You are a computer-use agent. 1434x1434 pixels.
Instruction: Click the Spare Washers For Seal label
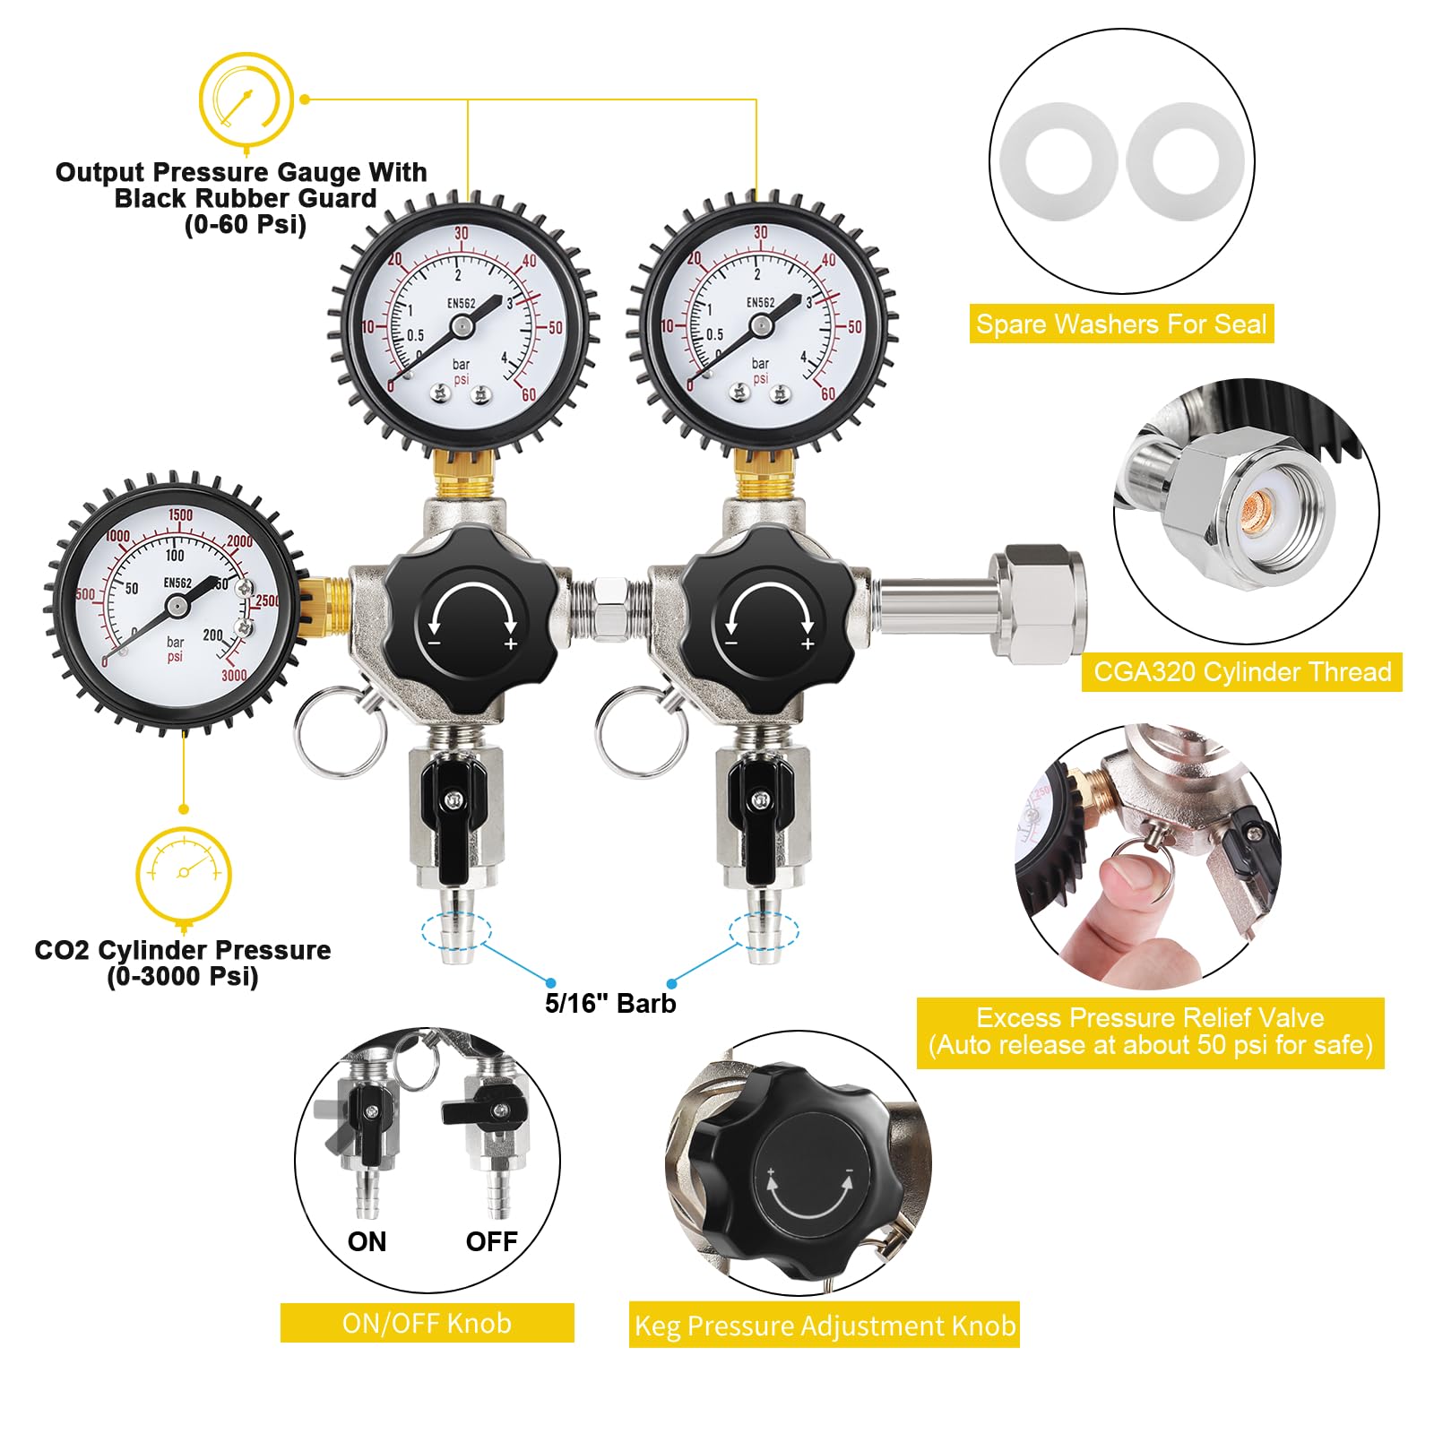pyautogui.click(x=1121, y=324)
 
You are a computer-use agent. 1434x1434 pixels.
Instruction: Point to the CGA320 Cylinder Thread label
pyautogui.click(x=1242, y=671)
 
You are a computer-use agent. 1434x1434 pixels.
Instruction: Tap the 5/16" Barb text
pyautogui.click(x=610, y=1003)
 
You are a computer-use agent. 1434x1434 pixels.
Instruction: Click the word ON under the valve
pyautogui.click(x=367, y=1241)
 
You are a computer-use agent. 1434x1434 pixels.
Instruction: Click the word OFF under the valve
pyautogui.click(x=492, y=1241)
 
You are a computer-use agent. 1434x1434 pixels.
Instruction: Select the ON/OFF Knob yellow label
pyautogui.click(x=427, y=1323)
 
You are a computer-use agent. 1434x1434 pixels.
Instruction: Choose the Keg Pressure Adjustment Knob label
pyautogui.click(x=825, y=1326)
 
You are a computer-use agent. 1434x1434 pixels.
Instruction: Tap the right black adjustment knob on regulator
pyautogui.click(x=768, y=617)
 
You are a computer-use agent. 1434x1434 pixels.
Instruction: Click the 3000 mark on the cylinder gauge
pyautogui.click(x=234, y=675)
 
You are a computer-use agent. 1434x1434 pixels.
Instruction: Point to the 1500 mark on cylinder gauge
pyautogui.click(x=180, y=514)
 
